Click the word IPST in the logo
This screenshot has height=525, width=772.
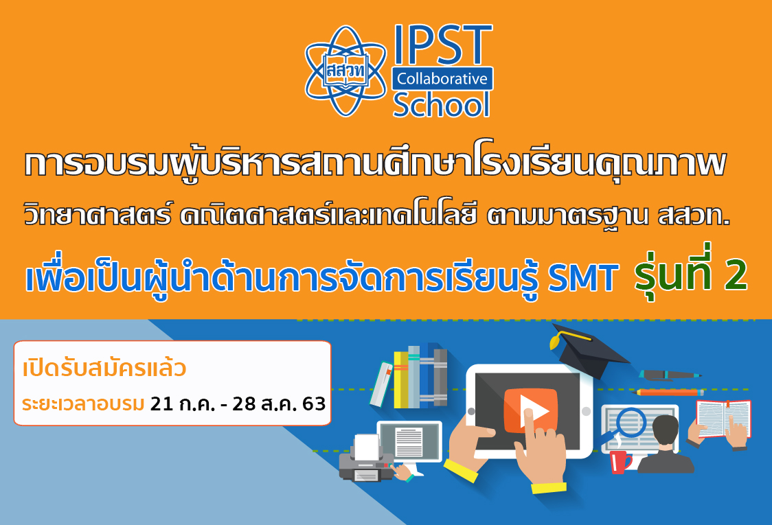pyautogui.click(x=442, y=46)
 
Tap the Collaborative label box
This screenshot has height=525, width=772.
pyautogui.click(x=442, y=79)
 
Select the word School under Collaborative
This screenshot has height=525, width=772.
pyautogui.click(x=442, y=104)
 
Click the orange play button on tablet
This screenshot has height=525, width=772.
pyautogui.click(x=530, y=410)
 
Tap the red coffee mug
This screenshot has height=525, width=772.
pyautogui.click(x=620, y=461)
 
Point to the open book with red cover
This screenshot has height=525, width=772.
pyautogui.click(x=723, y=419)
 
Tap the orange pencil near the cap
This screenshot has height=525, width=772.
pyautogui.click(x=668, y=393)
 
